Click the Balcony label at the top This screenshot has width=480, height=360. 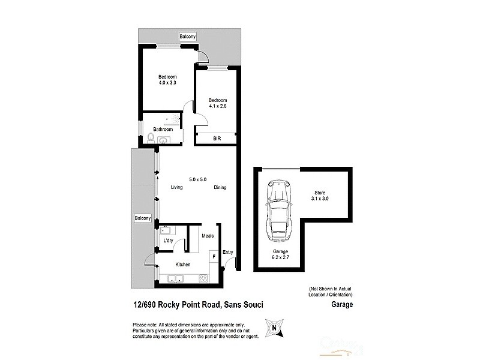187,37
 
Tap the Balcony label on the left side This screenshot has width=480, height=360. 142,218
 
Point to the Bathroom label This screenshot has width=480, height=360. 163,129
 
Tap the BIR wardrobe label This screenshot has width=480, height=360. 217,138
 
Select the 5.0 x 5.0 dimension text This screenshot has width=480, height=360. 197,179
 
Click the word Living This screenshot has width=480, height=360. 176,188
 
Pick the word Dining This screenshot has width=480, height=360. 220,188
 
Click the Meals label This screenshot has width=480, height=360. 208,236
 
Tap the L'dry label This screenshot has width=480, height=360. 169,241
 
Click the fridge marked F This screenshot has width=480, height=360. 212,256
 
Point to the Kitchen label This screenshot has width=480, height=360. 183,264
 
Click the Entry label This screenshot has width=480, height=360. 228,252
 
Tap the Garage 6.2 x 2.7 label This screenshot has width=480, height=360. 281,255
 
